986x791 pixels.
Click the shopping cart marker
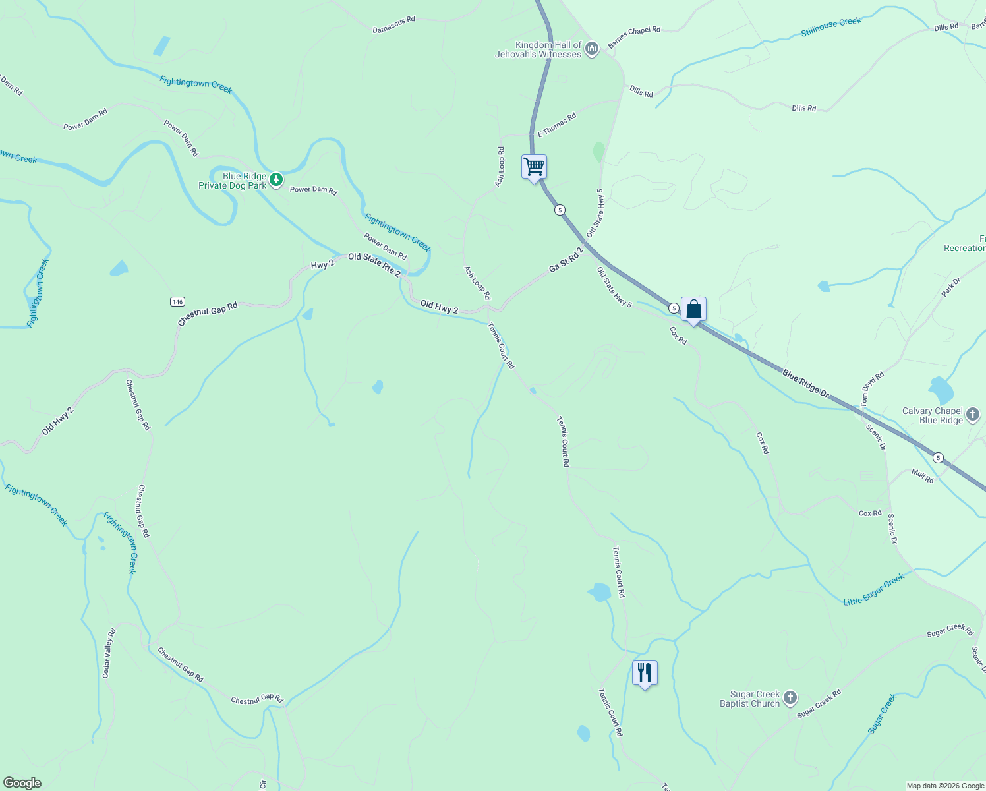point(534,167)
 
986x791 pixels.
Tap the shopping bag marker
point(693,309)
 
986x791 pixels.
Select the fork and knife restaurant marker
point(645,673)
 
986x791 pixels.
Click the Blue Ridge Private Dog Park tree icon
point(276,179)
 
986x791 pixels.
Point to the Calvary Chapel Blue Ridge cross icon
point(973,415)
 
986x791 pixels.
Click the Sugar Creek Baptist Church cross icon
point(790,698)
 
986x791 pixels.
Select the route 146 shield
point(177,301)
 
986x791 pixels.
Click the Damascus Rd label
point(393,24)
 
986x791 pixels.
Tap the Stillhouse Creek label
point(831,27)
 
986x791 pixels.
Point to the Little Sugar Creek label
point(874,589)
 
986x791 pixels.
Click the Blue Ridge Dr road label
point(805,383)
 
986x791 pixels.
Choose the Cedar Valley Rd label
point(109,653)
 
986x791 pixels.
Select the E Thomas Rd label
point(557,125)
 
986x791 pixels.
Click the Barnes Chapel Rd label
point(633,37)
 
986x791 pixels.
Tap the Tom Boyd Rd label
point(872,389)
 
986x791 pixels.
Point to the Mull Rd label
point(923,476)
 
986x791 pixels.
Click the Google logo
point(22,782)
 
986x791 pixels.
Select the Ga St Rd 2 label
point(566,260)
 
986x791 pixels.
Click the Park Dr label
point(951,287)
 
